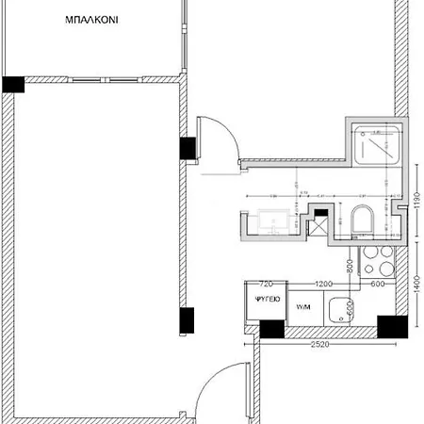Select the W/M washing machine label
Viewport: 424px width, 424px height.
[x=302, y=307]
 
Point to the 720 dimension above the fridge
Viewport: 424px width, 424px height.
[x=266, y=284]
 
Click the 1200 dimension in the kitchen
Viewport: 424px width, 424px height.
[x=323, y=284]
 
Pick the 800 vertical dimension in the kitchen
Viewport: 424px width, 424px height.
[x=349, y=268]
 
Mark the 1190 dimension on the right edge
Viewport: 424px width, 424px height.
[x=416, y=203]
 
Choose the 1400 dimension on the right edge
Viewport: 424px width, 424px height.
[x=416, y=283]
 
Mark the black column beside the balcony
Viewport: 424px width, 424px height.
[x=12, y=84]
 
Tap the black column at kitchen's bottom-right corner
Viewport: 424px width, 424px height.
[x=390, y=326]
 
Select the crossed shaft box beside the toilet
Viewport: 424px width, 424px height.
[x=319, y=227]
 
